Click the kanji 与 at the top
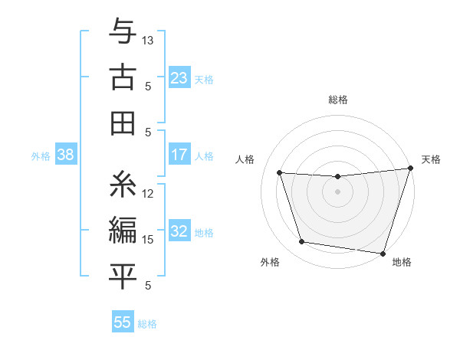[123, 33]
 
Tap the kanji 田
[123, 123]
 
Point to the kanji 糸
[123, 184]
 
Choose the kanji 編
[123, 230]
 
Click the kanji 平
[123, 276]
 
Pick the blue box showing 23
[179, 78]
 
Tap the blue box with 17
[179, 155]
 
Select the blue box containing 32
[179, 231]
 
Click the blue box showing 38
[65, 155]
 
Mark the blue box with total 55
[123, 322]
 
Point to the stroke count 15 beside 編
[149, 240]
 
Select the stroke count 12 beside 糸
[149, 194]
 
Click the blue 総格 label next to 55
[147, 324]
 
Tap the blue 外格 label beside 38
[41, 156]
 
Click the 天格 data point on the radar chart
[410, 169]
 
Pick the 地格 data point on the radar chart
[383, 253]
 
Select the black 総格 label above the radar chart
[338, 100]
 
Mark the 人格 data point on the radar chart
[280, 173]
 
